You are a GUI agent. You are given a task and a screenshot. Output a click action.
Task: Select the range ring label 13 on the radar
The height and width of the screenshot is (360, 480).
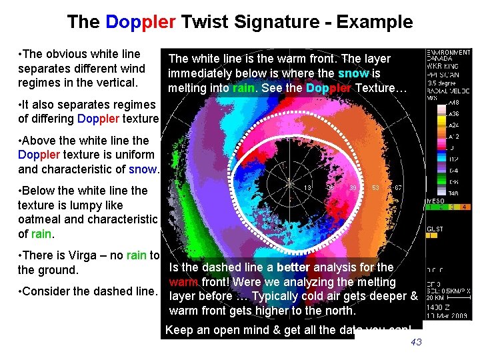coord(309,188)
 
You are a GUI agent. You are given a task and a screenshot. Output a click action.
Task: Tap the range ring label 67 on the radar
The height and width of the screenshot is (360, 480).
coord(398,188)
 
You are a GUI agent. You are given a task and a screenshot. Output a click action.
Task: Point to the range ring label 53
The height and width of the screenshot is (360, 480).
coord(375,188)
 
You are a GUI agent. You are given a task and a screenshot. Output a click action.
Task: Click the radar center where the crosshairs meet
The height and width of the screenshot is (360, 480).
coord(290,183)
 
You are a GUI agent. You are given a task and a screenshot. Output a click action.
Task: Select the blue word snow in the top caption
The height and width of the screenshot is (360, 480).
coord(353,73)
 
